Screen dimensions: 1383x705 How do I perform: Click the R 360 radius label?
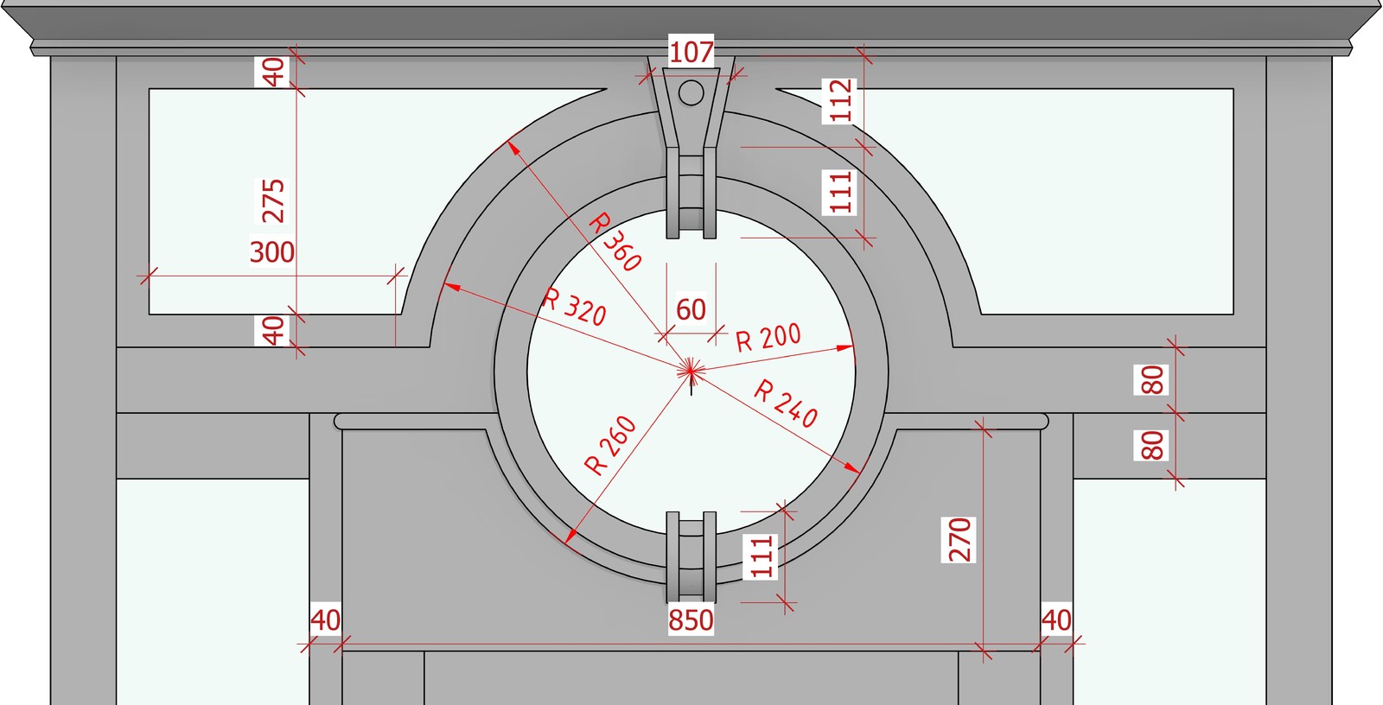[615, 241]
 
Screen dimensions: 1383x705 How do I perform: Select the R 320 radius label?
[574, 307]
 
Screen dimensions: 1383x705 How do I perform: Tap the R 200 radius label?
[768, 338]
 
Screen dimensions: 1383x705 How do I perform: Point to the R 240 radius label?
[786, 403]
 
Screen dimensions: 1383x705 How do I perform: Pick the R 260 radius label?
[610, 446]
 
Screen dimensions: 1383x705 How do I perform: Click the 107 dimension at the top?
[691, 52]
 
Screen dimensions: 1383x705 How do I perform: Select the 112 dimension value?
[840, 100]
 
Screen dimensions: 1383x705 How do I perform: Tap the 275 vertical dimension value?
[272, 200]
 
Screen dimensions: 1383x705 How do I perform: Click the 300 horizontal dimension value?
[271, 252]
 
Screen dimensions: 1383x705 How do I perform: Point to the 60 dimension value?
[691, 309]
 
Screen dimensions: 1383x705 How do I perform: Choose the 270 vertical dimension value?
[959, 540]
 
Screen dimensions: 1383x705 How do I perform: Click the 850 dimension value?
[691, 620]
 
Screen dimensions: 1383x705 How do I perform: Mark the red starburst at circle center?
[691, 371]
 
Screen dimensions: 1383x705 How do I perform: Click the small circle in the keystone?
[691, 93]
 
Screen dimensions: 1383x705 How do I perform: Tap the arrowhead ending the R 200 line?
[845, 348]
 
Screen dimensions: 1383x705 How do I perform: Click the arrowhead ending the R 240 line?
[852, 468]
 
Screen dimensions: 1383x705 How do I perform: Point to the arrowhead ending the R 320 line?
[452, 287]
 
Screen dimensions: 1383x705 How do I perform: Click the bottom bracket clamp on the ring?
[691, 557]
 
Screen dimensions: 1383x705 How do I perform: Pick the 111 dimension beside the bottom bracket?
[762, 557]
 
